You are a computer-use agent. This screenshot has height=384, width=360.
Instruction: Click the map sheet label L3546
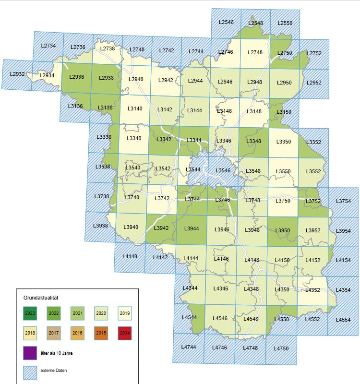point(223,170)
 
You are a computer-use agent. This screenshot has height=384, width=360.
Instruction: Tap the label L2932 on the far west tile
point(18,74)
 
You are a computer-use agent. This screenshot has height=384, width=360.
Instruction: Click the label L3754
point(344,201)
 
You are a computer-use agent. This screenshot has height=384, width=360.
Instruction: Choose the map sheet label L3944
point(192,228)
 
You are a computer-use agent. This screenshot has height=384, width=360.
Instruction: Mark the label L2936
point(77,77)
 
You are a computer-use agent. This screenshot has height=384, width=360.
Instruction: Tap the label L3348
point(253,141)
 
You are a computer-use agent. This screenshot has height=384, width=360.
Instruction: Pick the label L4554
point(343,319)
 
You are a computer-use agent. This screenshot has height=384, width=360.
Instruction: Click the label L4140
point(130,256)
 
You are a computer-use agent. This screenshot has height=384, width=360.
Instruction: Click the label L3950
point(283,231)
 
